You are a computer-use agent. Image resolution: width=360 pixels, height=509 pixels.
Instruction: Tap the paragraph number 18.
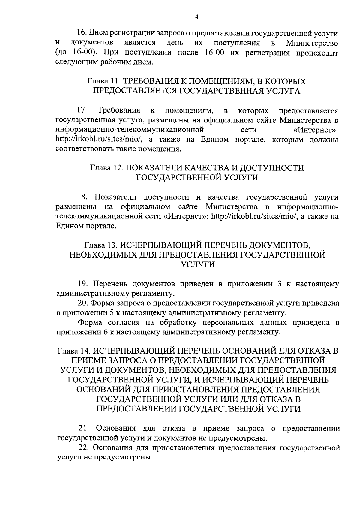click(82, 197)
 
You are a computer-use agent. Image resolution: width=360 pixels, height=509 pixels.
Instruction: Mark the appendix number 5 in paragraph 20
click(111, 313)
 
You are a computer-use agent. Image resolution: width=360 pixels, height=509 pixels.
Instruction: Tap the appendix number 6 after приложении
click(111, 332)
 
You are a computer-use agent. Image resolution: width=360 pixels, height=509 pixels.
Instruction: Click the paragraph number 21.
click(83, 428)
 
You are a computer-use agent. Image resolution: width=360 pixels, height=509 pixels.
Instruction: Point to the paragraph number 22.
click(83, 448)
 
